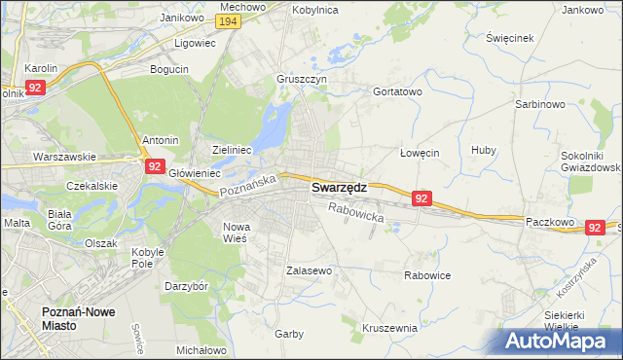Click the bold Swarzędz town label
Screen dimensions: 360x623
tap(339, 189)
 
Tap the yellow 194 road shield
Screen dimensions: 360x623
tap(229, 21)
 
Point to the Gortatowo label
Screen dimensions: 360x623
tap(397, 91)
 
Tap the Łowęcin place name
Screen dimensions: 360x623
tap(421, 153)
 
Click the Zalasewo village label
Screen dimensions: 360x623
tap(310, 270)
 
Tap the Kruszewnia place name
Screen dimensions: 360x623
tap(389, 328)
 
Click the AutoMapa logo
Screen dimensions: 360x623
tap(560, 342)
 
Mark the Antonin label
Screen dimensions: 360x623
tap(161, 140)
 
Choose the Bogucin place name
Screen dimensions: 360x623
tap(168, 69)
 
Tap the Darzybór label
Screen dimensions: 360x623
tap(186, 287)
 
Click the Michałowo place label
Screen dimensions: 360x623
tap(202, 349)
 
